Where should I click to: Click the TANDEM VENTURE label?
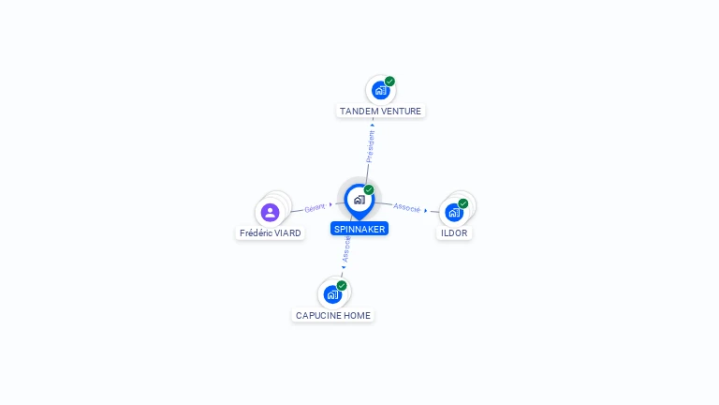[380, 111]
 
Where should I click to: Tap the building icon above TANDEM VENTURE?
[379, 90]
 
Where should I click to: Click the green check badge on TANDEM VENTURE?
[389, 82]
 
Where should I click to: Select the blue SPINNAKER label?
[359, 229]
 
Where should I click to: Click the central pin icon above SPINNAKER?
[359, 199]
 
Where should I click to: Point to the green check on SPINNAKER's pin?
[369, 190]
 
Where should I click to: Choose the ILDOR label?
[454, 232]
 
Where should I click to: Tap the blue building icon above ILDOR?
[454, 212]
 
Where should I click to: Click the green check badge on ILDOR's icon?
[462, 203]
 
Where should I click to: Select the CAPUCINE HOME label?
[333, 316]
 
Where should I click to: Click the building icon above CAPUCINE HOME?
[332, 294]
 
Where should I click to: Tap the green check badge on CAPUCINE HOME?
[342, 286]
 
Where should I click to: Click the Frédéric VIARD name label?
[271, 232]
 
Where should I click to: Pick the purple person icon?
[271, 212]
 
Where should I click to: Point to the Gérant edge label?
[315, 207]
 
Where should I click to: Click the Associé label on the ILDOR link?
[407, 207]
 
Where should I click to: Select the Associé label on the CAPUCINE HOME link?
[346, 249]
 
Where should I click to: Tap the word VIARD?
[287, 232]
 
